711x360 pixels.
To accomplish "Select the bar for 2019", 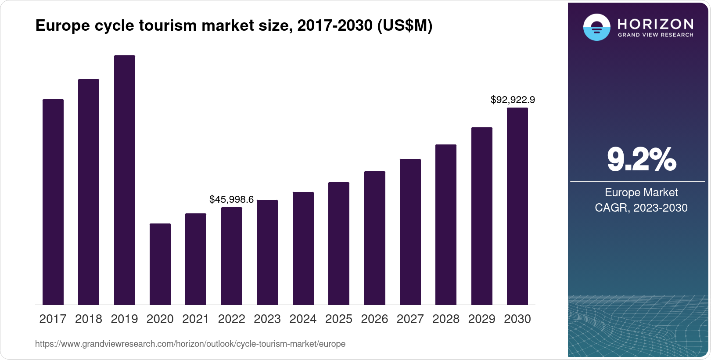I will (x=125, y=180).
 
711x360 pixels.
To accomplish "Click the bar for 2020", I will (x=160, y=264).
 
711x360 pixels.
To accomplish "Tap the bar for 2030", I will (x=517, y=206).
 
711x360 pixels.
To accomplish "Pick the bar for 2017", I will (x=53, y=202).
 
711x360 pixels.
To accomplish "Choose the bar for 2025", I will (x=339, y=243).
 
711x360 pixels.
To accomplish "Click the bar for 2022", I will (x=232, y=256).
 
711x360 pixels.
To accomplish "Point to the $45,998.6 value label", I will (x=231, y=200).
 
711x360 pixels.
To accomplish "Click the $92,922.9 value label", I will (x=513, y=100).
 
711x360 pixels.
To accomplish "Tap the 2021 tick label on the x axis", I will (x=196, y=319).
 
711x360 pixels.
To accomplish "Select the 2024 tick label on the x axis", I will (x=303, y=319).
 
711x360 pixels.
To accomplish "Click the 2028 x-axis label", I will (x=446, y=319).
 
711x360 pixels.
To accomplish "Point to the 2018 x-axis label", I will (x=89, y=319).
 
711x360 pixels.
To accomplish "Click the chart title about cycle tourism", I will (x=233, y=26).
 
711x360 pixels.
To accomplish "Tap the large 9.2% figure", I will (x=641, y=160).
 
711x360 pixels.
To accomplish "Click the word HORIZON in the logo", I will (x=655, y=24).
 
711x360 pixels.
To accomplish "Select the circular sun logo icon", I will (x=596, y=27).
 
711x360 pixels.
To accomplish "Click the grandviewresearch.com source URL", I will (x=190, y=344).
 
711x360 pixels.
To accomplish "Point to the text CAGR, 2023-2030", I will (x=641, y=208).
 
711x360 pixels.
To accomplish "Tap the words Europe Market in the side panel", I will (x=641, y=192).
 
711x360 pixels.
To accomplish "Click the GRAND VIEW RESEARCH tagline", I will (x=655, y=35).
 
